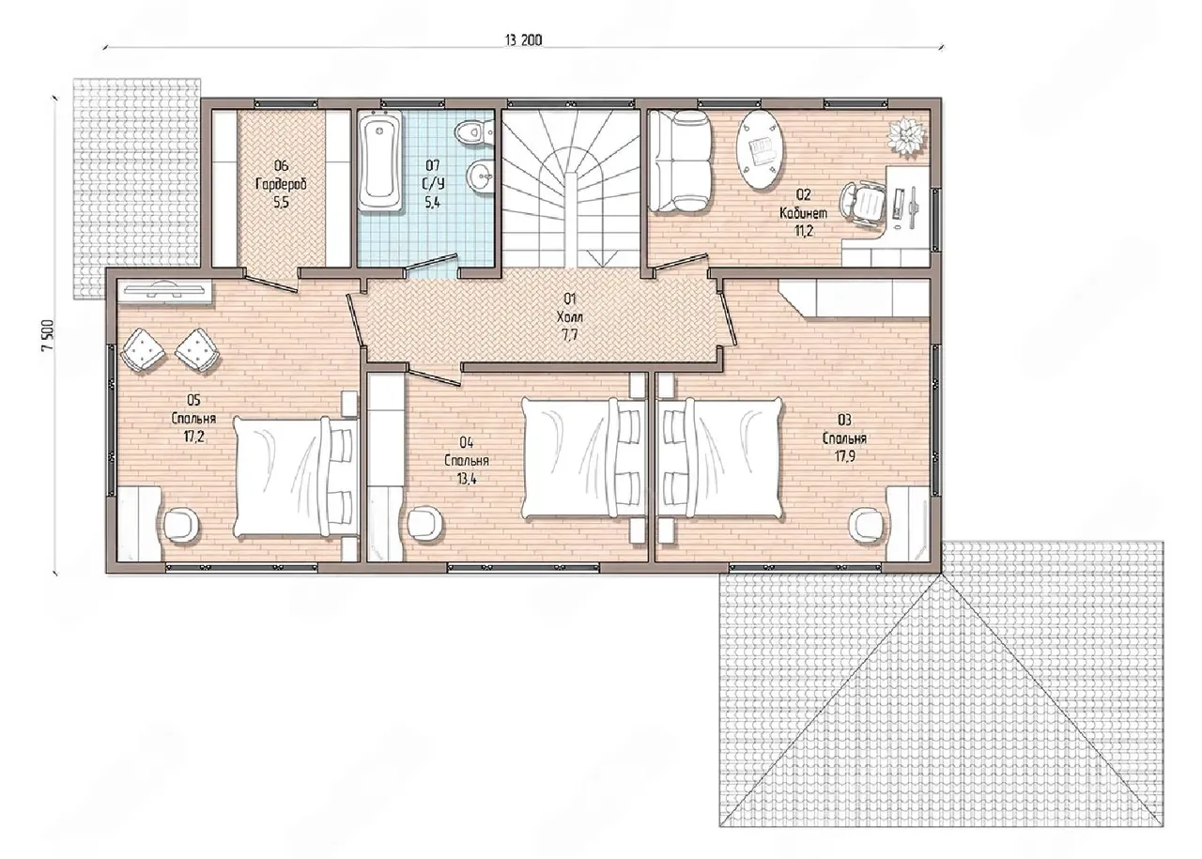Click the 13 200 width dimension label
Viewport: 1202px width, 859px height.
[523, 40]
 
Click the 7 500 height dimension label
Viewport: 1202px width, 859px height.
[47, 335]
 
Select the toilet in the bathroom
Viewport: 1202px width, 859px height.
[474, 131]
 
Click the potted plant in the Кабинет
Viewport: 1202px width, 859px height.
[907, 136]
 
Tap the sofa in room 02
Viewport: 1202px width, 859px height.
[681, 161]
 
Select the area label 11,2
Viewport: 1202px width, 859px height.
[803, 231]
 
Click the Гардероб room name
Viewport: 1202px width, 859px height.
[281, 185]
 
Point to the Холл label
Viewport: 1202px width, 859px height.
[569, 316]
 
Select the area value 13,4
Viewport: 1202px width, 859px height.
[467, 479]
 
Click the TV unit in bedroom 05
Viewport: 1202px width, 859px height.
[164, 292]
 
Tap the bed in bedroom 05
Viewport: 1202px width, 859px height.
[296, 477]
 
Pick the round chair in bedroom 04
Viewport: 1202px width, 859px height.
[424, 523]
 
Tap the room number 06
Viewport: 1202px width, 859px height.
[281, 166]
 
